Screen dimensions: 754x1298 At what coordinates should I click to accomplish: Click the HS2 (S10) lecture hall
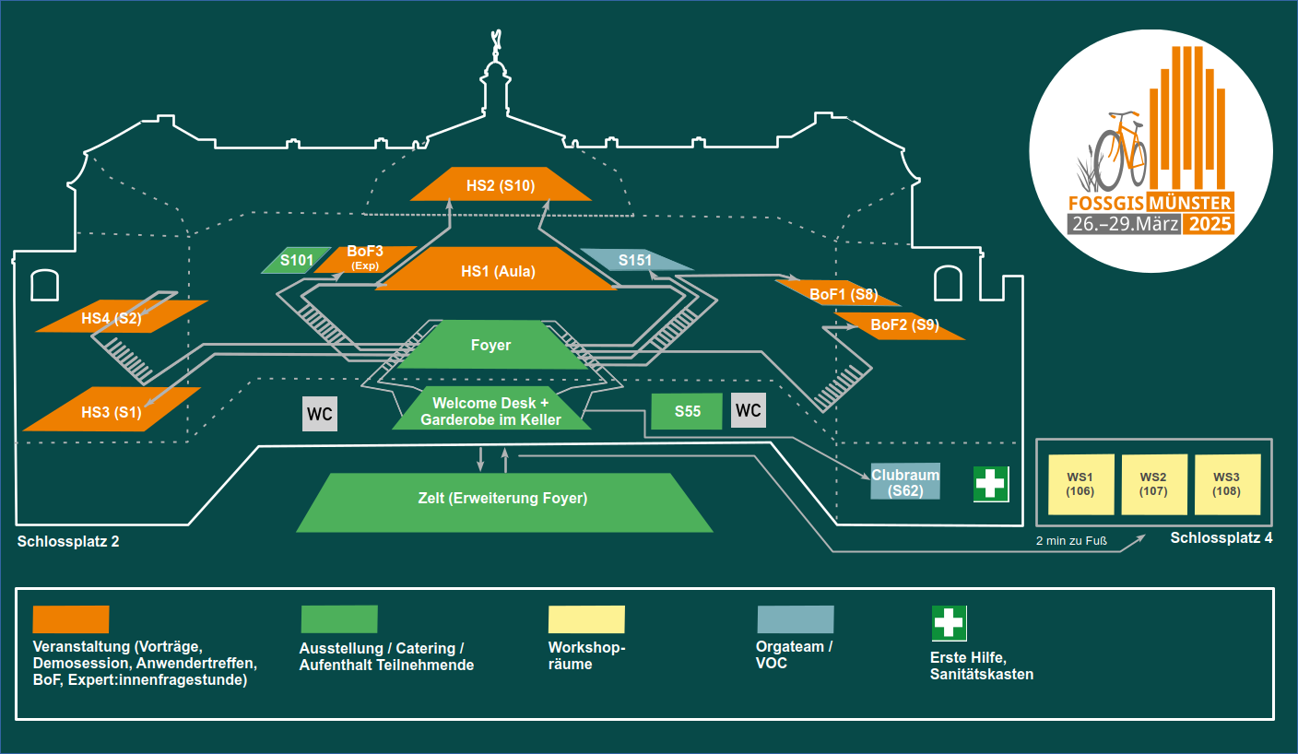click(x=500, y=184)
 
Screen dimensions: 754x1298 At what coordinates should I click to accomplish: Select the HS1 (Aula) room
click(x=498, y=271)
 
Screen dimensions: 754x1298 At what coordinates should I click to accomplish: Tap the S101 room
click(x=295, y=261)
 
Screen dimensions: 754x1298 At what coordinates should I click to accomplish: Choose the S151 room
click(x=636, y=260)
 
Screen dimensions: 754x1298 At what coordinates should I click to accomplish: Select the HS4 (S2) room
click(x=120, y=317)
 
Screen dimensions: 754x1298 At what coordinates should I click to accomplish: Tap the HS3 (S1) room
click(x=111, y=410)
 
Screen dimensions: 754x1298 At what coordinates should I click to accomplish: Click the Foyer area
click(x=490, y=346)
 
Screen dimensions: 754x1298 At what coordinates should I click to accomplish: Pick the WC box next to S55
click(x=748, y=410)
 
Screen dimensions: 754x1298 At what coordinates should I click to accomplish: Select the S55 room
click(x=687, y=411)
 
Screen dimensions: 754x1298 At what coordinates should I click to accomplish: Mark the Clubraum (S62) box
click(x=905, y=482)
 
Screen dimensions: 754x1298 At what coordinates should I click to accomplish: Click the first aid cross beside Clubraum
click(x=991, y=484)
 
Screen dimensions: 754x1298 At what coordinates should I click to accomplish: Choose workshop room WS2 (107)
click(x=1152, y=484)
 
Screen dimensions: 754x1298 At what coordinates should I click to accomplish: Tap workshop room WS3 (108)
click(x=1225, y=484)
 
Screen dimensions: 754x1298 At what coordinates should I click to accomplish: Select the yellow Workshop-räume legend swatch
click(x=585, y=619)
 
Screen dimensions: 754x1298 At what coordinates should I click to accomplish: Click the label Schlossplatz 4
click(x=1221, y=537)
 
